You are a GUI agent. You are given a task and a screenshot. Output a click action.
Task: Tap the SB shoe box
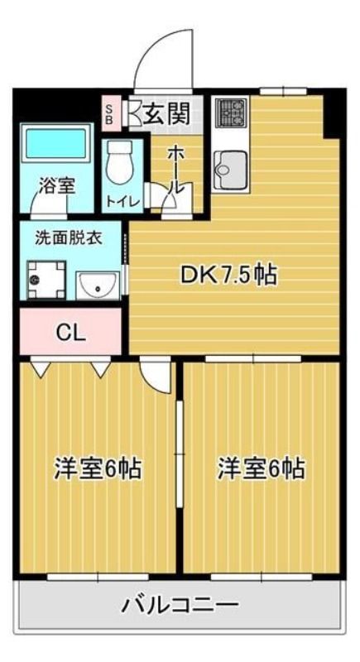[x=109, y=113]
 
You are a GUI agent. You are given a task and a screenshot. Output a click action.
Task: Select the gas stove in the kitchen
[x=231, y=113]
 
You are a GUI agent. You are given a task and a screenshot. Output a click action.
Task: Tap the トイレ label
[x=122, y=201]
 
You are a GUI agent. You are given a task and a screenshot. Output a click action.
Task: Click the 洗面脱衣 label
[x=68, y=238]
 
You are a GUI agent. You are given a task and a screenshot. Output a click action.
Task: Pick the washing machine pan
[x=46, y=279]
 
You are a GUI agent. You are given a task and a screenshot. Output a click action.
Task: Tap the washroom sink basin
[x=98, y=285]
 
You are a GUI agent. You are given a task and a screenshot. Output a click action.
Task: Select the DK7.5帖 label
[x=228, y=276]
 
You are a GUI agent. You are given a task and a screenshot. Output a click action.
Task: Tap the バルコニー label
[x=180, y=607]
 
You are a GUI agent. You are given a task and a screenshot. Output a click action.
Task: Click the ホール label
[x=175, y=169]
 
